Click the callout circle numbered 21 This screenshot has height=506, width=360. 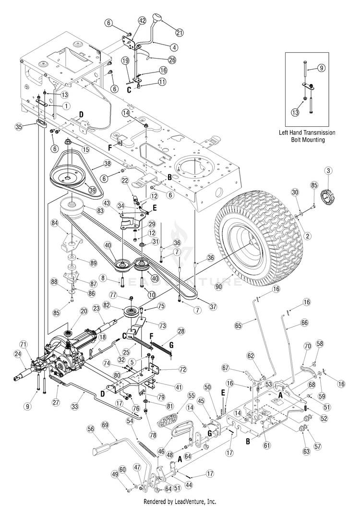point(180,32)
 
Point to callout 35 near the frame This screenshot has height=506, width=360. point(19,127)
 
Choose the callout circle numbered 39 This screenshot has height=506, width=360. point(93,190)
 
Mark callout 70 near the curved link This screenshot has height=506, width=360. point(307,346)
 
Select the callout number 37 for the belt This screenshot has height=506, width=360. point(213,307)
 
